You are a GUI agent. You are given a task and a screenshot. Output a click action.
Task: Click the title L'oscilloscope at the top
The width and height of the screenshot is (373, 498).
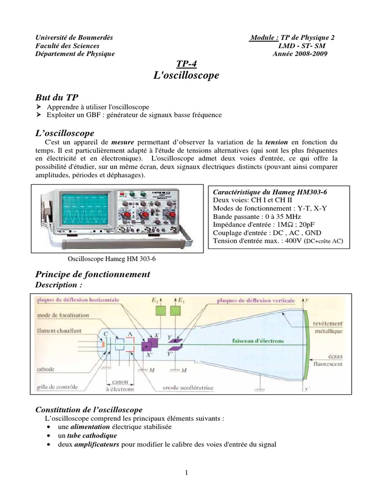[x=186, y=75]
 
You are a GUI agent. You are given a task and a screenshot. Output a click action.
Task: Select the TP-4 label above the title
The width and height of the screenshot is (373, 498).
[x=186, y=64]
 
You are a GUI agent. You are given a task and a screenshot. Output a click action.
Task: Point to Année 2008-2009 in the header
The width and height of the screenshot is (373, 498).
[x=300, y=53]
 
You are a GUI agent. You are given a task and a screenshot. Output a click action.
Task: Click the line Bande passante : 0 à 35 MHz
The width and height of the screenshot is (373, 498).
[x=257, y=216]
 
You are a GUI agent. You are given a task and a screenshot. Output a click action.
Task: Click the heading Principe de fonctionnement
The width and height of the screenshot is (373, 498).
[x=93, y=275]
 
